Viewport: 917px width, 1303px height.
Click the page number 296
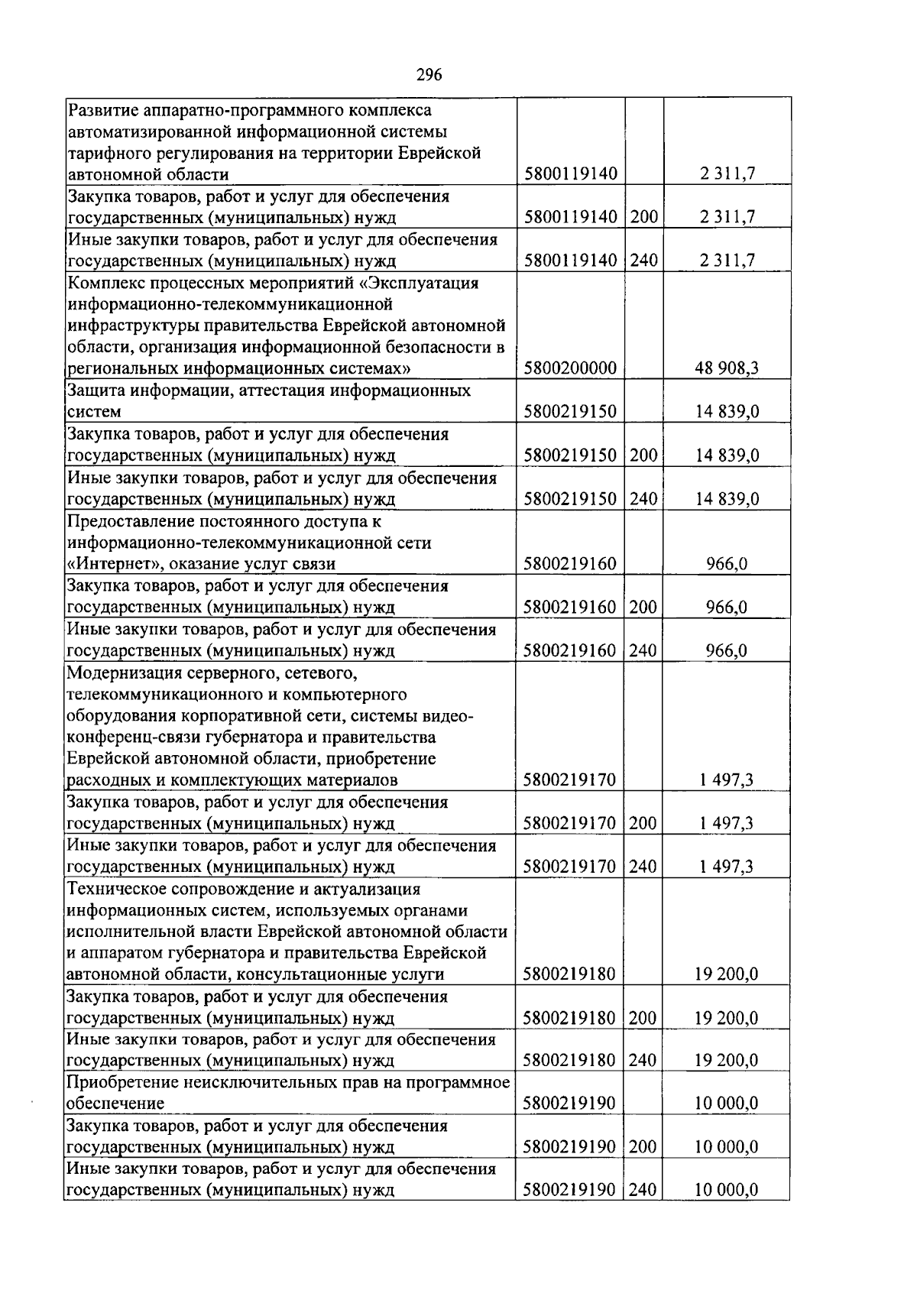coord(429,74)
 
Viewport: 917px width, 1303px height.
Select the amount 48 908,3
coord(727,369)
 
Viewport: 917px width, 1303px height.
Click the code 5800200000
coord(570,369)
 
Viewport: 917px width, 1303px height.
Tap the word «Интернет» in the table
coord(105,565)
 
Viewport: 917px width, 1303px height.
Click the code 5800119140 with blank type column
coord(570,174)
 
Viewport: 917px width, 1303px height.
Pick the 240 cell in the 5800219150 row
coord(643,500)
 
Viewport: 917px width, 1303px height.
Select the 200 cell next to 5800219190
coord(643,1147)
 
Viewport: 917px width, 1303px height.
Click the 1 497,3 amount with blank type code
coord(727,780)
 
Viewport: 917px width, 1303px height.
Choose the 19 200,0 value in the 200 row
coord(727,1018)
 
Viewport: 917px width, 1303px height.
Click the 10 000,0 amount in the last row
coord(727,1190)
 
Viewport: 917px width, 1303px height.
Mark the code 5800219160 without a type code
coord(570,565)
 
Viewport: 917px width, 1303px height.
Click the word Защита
coord(96,391)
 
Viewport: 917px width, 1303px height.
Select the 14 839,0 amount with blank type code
coord(727,413)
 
